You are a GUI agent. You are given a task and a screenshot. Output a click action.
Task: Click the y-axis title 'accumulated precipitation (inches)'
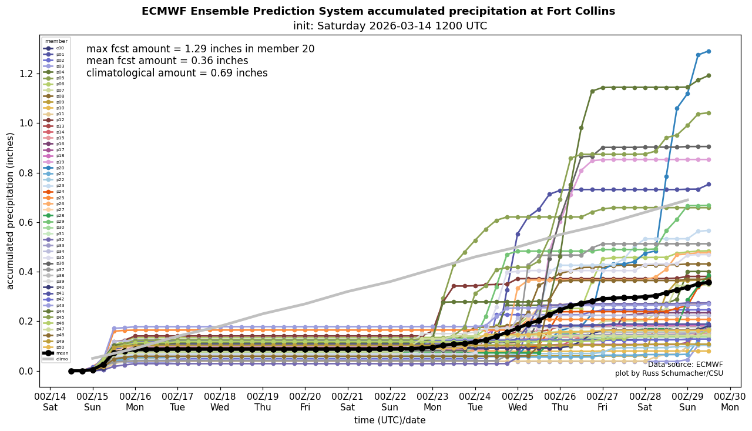point(10,211)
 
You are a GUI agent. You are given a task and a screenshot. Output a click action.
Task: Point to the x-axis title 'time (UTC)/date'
point(390,420)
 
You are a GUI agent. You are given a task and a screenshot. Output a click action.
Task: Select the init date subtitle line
point(390,26)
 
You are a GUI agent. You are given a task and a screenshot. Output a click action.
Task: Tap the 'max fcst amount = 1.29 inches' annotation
point(200,49)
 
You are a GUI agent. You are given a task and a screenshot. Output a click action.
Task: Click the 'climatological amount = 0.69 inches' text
point(177,73)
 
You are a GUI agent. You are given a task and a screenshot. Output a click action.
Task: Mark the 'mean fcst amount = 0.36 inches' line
point(167,61)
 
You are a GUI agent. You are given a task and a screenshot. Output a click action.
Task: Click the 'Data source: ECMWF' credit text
point(685,365)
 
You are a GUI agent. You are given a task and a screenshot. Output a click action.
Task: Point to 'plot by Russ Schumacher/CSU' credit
point(669,373)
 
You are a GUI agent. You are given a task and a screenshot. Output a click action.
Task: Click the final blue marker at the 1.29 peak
point(709,51)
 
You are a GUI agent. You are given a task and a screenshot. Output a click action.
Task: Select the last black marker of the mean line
point(709,282)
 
